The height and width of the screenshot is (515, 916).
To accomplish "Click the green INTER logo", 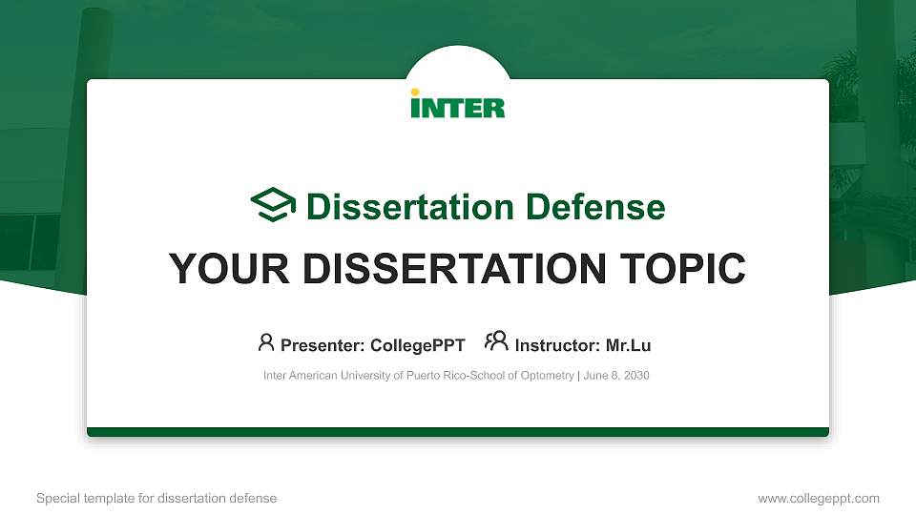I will click(458, 105).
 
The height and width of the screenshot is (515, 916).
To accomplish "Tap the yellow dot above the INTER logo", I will click(415, 93).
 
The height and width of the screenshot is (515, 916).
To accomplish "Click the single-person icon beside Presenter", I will click(266, 341).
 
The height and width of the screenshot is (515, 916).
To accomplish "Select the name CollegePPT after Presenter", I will click(418, 345).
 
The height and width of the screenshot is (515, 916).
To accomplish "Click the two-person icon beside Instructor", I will click(496, 340).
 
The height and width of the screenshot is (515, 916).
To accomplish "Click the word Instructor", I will click(557, 345).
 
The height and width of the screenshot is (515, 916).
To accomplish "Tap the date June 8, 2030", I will click(616, 376).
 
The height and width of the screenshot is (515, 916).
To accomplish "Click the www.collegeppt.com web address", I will click(819, 498).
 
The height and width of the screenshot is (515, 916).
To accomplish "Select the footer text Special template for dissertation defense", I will click(156, 498).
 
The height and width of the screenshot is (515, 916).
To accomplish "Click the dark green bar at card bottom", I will click(458, 432).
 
